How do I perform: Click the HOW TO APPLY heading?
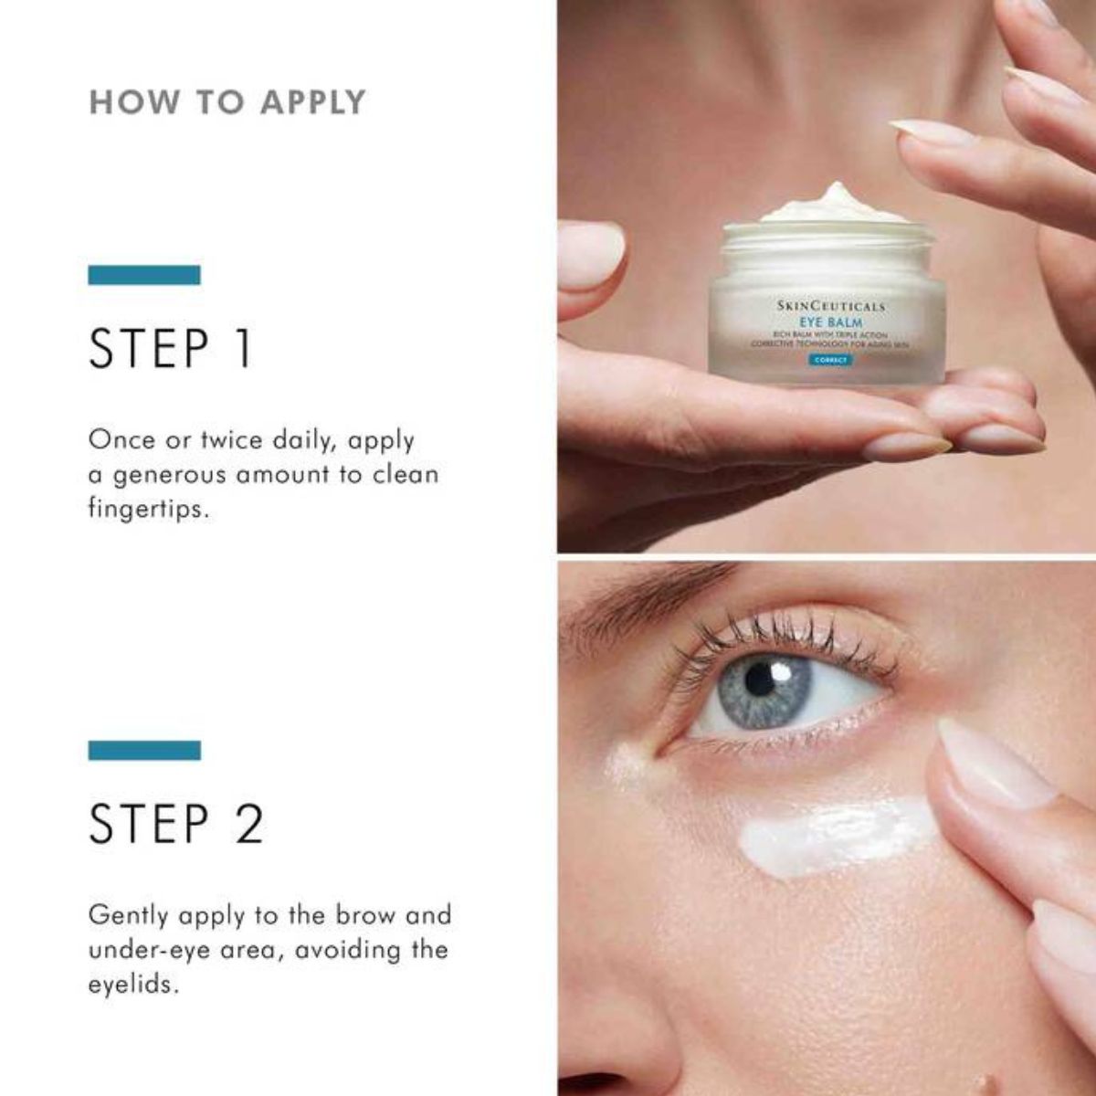click(227, 101)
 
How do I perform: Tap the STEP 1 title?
click(170, 349)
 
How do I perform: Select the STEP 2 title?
click(176, 823)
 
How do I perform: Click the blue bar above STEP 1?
click(144, 274)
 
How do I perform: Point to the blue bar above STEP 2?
click(144, 750)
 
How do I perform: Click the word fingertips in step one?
click(149, 509)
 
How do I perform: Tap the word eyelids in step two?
click(130, 985)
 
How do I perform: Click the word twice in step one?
click(227, 440)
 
